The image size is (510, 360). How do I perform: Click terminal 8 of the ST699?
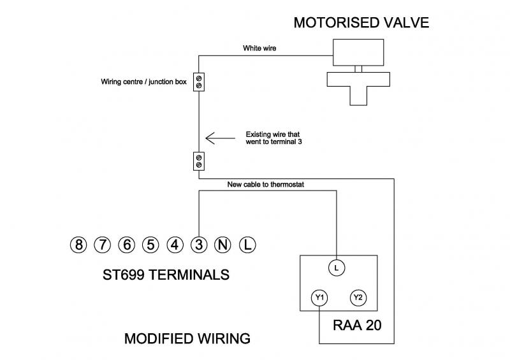coord(78,244)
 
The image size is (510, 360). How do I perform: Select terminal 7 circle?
coord(102,244)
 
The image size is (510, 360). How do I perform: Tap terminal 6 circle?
coord(126,244)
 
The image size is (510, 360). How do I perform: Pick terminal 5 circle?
coord(150,244)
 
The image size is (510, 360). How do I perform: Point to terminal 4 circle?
coord(175,244)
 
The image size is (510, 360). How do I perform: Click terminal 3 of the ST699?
coord(199,244)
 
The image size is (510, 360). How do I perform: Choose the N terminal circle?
coord(223,244)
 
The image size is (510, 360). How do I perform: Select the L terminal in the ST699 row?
coord(247,244)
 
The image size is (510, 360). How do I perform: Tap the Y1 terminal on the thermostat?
coord(319,298)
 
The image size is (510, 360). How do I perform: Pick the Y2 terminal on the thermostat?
coord(357,298)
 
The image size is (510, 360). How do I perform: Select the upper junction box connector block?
coord(199,81)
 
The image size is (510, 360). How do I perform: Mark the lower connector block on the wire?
coord(199,161)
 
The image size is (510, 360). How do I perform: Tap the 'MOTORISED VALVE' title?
coord(361,23)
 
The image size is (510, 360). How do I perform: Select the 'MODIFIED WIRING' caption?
coord(187,338)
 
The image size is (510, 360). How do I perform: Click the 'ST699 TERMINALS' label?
coord(166,275)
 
